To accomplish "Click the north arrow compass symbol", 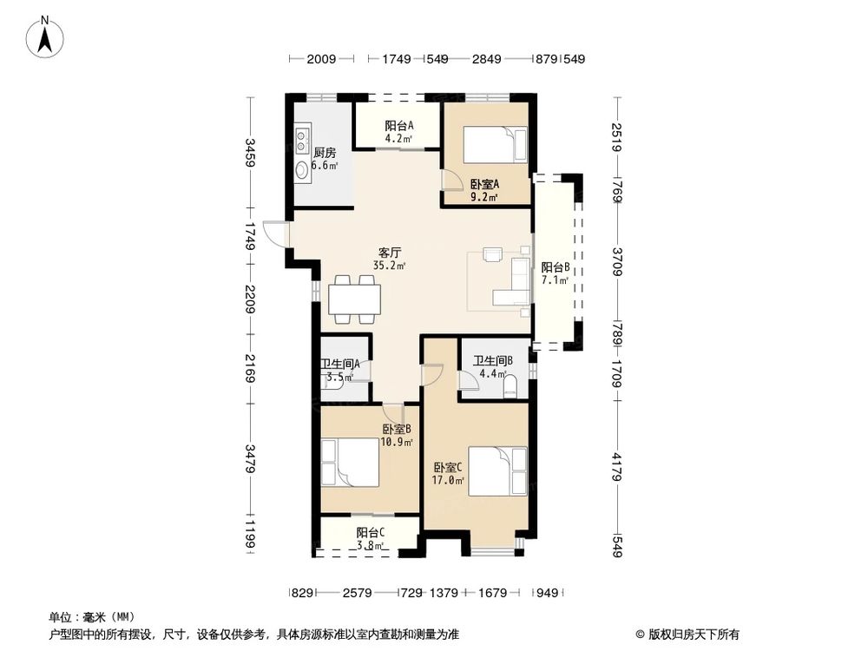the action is point(45,37).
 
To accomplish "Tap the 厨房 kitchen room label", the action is point(325,153).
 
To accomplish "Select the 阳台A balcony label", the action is point(399,126).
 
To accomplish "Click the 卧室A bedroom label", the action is point(485,184).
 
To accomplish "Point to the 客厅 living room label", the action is point(390,253).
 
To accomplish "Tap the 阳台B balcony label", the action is point(556,268).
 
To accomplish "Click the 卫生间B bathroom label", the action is point(493,361).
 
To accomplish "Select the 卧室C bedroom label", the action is point(448,468).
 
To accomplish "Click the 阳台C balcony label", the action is point(371,533).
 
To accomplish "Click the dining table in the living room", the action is point(354,299).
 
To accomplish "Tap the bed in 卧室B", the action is point(350,463).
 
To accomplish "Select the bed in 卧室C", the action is point(497,471).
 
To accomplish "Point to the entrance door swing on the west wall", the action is point(275,233).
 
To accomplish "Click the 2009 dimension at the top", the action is point(321,59).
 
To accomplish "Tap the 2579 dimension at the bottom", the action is point(357,594).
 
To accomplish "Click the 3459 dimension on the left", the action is point(250,153).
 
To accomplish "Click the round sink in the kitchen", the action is point(302,170).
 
